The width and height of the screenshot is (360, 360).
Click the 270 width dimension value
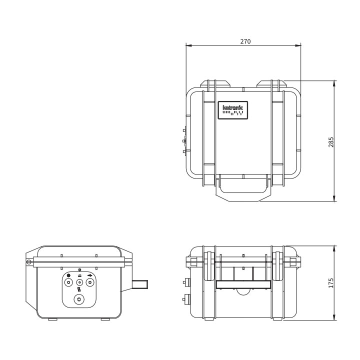click(x=245, y=41)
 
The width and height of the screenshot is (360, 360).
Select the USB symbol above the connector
click(x=90, y=274)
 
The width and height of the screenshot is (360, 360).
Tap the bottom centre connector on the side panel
click(x=78, y=299)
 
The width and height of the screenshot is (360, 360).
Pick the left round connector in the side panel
click(x=68, y=282)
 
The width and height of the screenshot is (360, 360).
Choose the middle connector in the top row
click(x=79, y=282)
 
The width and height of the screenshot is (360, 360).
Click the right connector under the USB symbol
click(x=90, y=282)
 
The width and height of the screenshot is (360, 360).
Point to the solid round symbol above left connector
click(x=68, y=274)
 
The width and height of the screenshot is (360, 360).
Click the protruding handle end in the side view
click(x=141, y=284)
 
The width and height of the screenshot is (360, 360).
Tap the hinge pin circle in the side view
click(x=29, y=261)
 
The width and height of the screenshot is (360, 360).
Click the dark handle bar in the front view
click(x=243, y=284)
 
